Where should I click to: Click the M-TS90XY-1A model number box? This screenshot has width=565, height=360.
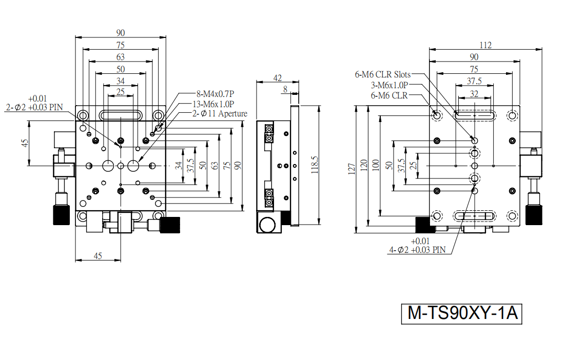pos(461,313)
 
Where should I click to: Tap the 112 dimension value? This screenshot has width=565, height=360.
pos(485,45)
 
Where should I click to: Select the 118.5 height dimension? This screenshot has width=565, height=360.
pos(315,165)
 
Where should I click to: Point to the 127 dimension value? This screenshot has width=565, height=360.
pos(352,169)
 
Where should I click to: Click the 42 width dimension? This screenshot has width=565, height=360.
pos(278,78)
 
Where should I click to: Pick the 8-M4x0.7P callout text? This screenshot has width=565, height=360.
pos(215,94)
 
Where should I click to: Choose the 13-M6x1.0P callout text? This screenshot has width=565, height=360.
pos(213,105)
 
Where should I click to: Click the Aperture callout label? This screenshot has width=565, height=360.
pos(233,114)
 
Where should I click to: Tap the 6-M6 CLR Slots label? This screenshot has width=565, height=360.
pos(383,74)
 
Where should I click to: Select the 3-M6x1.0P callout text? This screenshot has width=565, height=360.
pos(389,85)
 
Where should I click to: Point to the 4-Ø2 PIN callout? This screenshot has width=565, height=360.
pos(417,246)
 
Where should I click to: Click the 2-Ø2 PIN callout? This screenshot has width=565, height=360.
pos(34,103)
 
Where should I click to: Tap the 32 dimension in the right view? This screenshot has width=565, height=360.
pos(474,94)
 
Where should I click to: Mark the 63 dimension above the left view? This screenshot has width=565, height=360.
pos(121,57)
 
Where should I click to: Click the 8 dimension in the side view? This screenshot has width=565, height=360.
pos(285,89)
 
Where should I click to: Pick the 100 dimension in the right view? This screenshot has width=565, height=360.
pos(376,165)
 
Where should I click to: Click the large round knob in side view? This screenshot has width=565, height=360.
pos(267,225)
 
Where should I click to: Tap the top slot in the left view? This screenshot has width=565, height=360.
pos(121,115)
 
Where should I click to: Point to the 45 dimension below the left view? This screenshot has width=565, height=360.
pos(98,256)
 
